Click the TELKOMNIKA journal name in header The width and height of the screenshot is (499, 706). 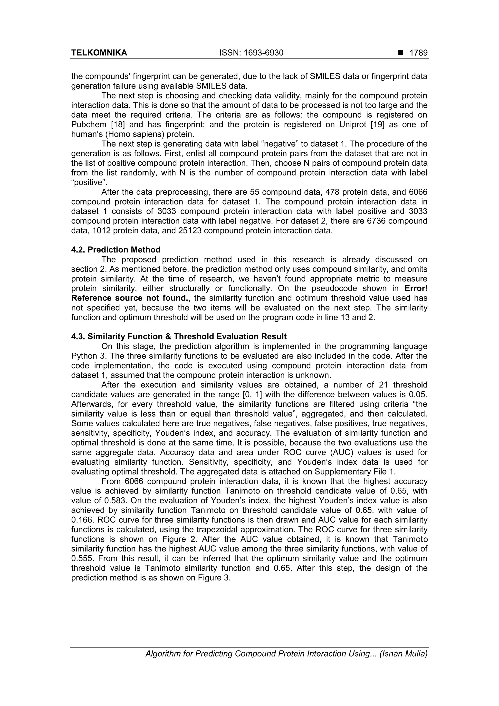pos(99,53)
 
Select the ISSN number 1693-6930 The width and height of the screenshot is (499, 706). pos(251,53)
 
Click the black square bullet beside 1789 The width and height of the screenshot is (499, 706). pos(401,53)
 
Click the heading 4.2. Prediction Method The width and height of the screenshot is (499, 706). pos(116,250)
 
